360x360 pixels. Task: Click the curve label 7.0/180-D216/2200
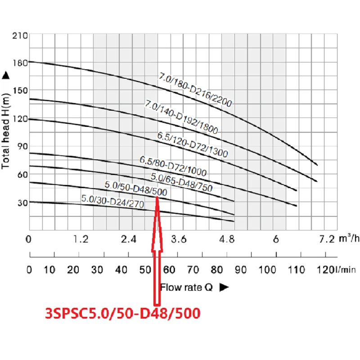pyautogui.click(x=195, y=90)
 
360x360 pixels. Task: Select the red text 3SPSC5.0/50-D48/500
pyautogui.click(x=122, y=313)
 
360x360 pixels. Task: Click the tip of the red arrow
pyautogui.click(x=157, y=197)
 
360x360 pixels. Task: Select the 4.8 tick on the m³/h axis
pyautogui.click(x=226, y=239)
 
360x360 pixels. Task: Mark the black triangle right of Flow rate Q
pyautogui.click(x=224, y=287)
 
